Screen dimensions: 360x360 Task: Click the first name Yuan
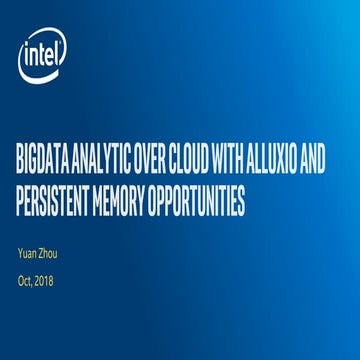[x=28, y=253]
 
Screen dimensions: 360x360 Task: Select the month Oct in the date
[x=26, y=280]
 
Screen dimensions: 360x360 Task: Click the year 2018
[x=46, y=280]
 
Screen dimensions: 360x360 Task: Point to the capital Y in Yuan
[x=20, y=253]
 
